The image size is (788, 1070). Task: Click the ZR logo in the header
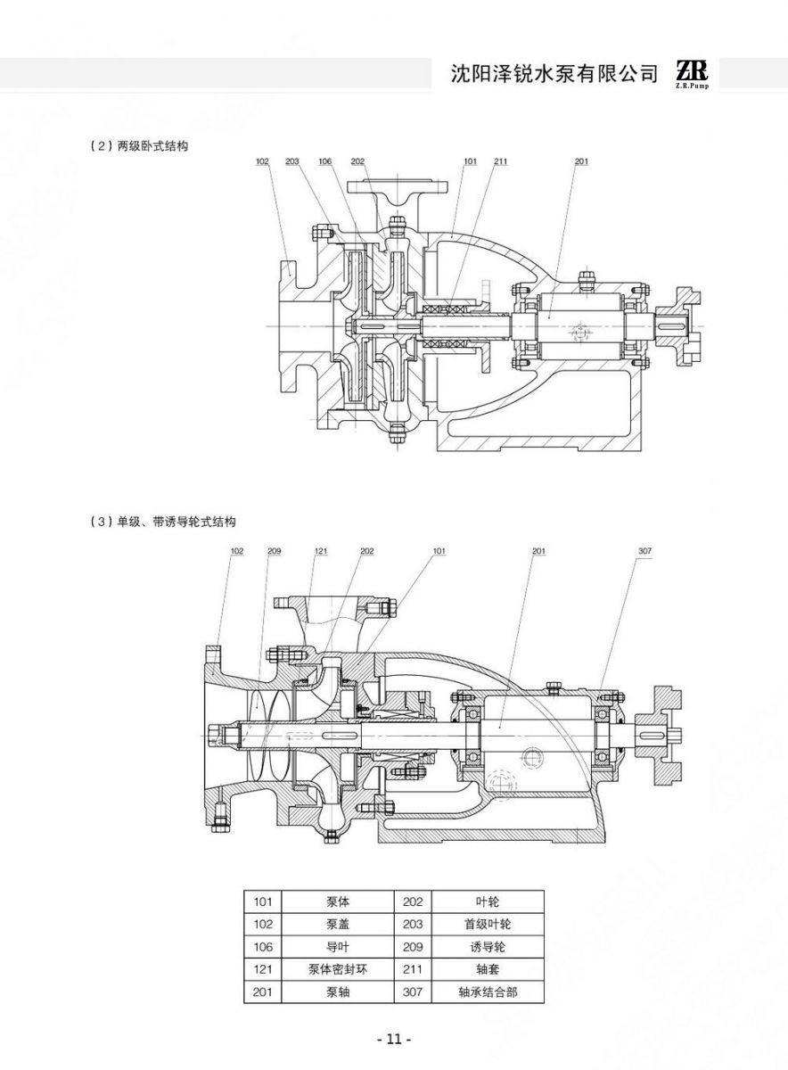[693, 74]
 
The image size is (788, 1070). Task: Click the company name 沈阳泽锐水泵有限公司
[554, 74]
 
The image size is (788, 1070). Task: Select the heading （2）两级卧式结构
[139, 146]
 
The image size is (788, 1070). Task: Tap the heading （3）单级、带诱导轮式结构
[163, 522]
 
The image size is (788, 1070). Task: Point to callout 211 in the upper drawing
[500, 161]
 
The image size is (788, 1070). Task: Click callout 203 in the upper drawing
[291, 161]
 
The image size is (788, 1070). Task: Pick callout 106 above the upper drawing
[325, 161]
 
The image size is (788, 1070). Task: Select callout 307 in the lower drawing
[644, 551]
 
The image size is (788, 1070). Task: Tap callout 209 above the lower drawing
[275, 551]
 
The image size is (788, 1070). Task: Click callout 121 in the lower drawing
[321, 551]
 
